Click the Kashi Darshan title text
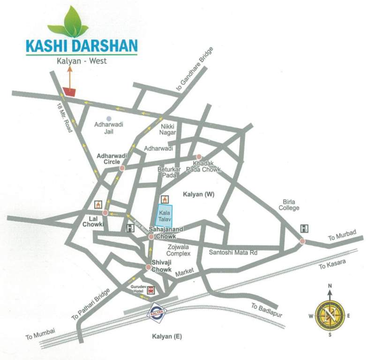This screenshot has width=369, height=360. tap(81, 45)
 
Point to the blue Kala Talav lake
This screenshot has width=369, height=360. tap(164, 216)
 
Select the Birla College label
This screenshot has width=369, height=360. tap(288, 205)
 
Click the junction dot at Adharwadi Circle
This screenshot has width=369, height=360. tap(122, 167)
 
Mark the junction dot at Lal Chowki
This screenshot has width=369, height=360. tap(105, 213)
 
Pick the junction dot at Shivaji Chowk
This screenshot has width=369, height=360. tap(148, 267)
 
